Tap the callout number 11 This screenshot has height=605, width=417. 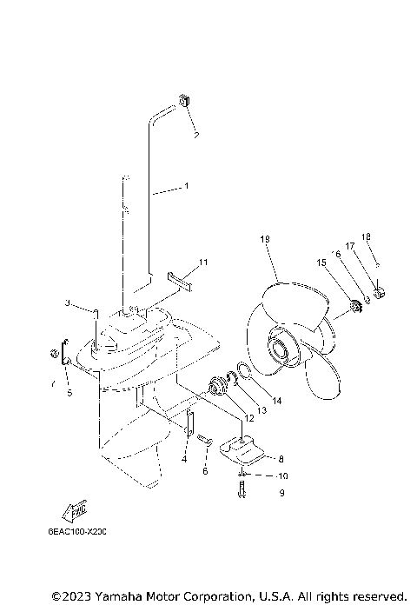click(202, 262)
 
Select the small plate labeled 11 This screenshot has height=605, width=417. click(179, 279)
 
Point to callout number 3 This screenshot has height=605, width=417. click(67, 303)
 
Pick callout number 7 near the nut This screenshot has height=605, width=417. click(51, 382)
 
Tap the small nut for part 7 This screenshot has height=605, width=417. click(54, 354)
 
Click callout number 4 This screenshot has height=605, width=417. click(184, 458)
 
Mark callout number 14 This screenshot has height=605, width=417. click(276, 401)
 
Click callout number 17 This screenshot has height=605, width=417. click(350, 246)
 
